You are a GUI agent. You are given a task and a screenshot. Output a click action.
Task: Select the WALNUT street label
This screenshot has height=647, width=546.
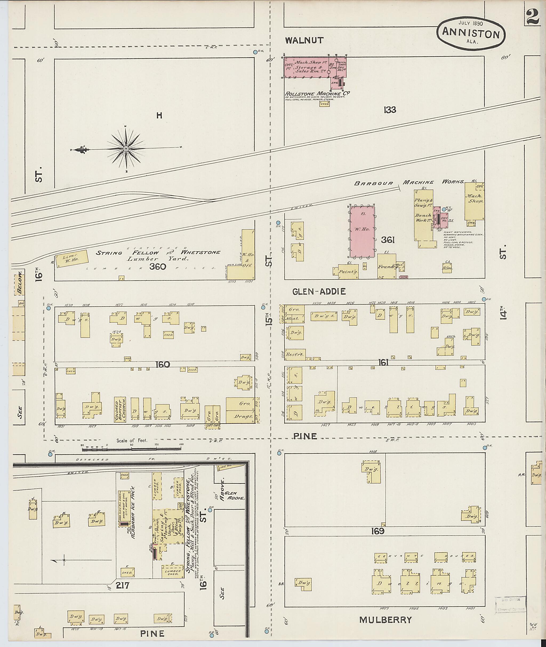[x=304, y=40]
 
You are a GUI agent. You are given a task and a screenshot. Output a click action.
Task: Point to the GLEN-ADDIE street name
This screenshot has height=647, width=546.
[x=319, y=291]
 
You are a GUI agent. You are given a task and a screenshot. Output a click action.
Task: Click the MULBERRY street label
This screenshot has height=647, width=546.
[x=385, y=620]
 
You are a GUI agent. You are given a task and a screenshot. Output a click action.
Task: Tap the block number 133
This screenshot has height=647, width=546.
[x=390, y=110]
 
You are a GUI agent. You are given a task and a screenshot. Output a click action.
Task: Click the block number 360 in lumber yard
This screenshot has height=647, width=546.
[x=158, y=267]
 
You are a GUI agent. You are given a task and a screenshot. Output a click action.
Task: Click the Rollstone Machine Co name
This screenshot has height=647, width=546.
[x=317, y=94]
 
